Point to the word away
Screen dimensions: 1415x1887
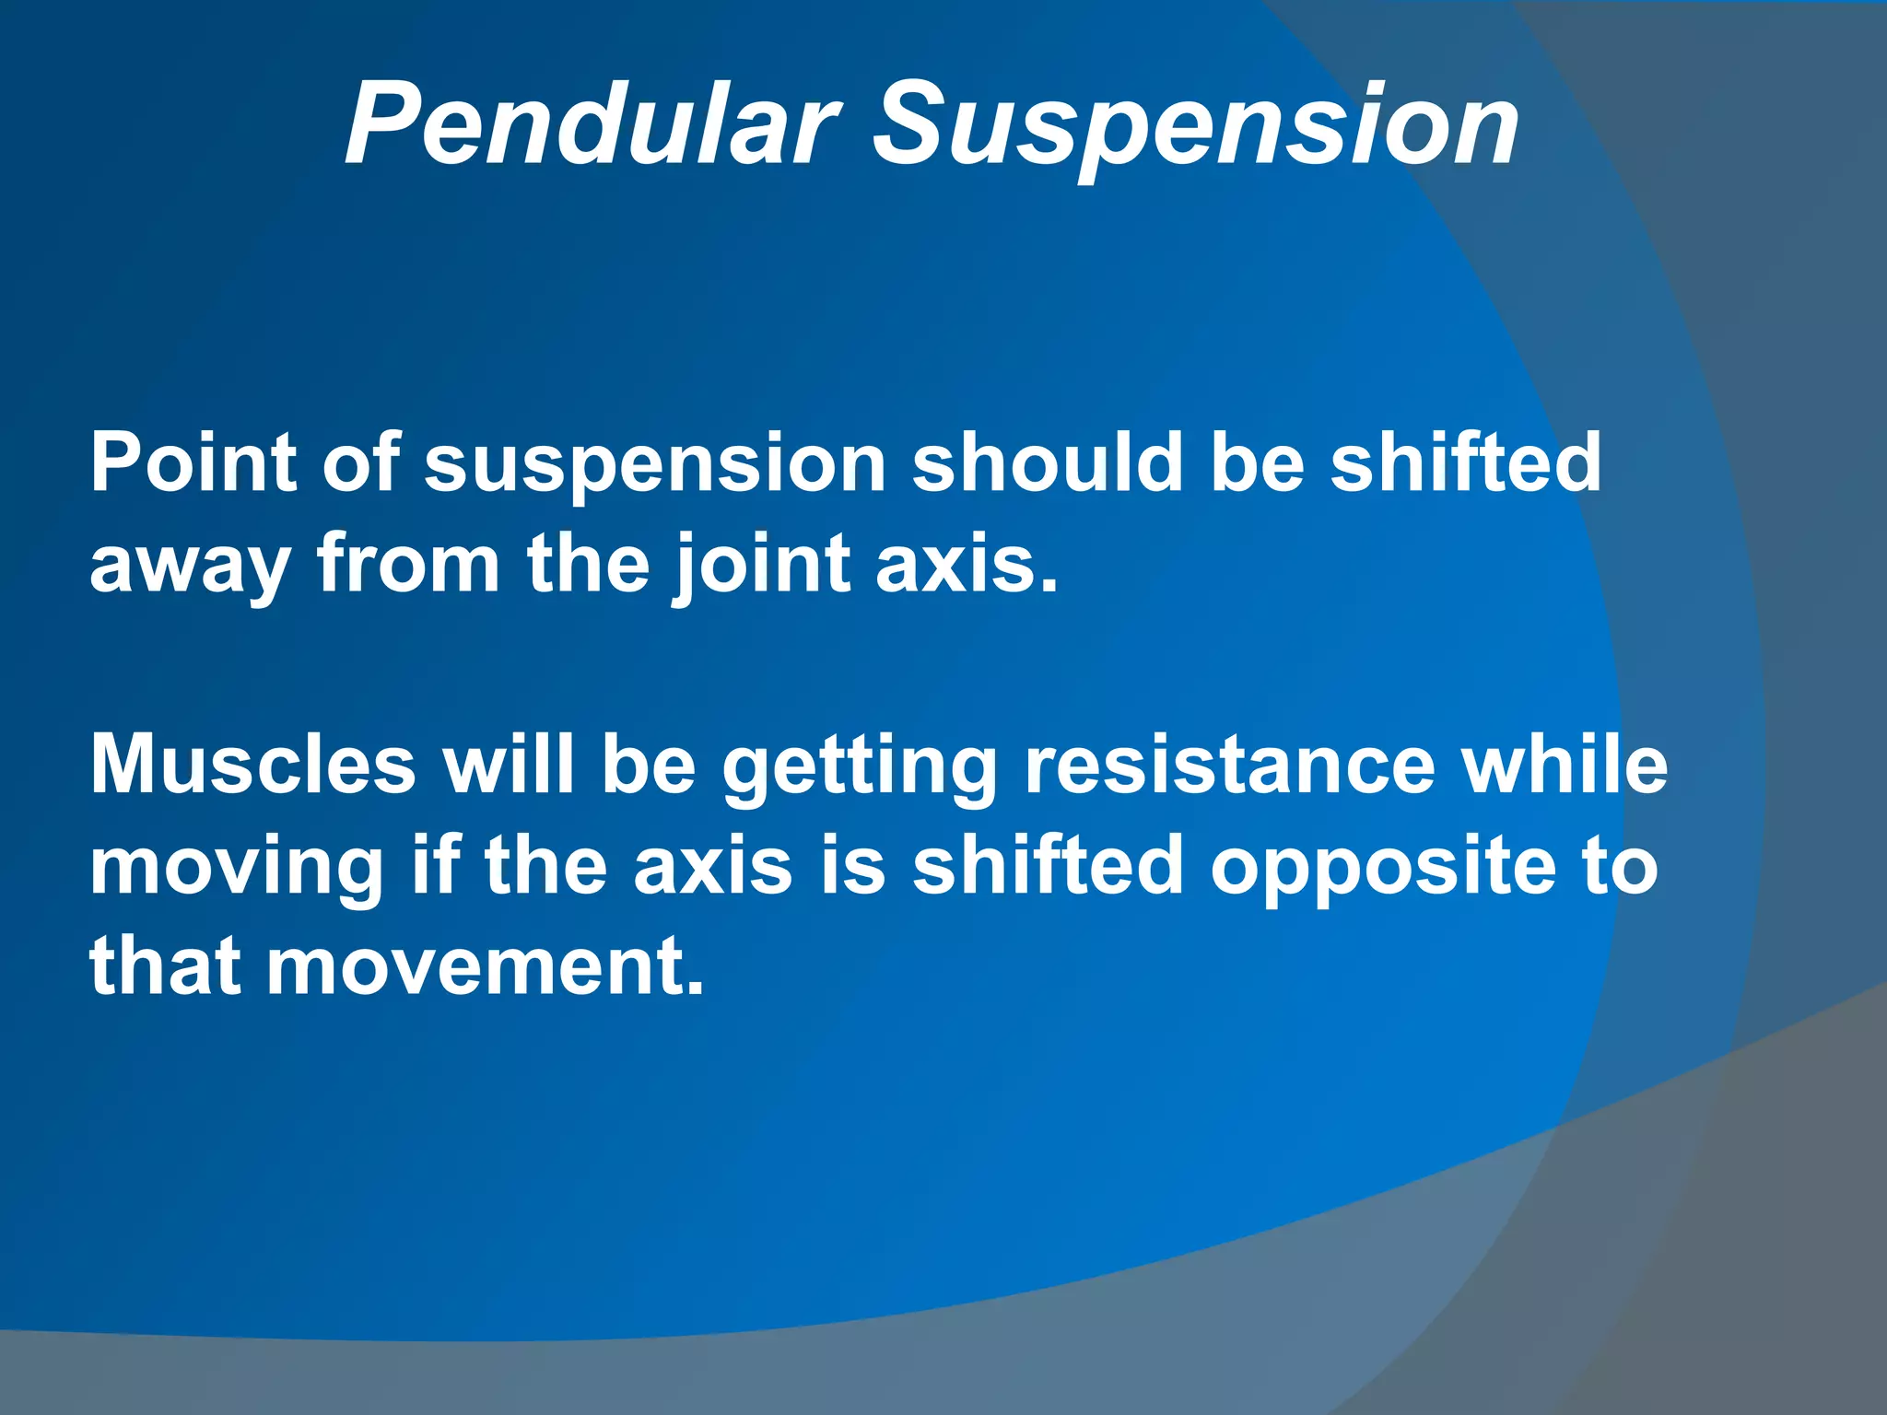189,567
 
